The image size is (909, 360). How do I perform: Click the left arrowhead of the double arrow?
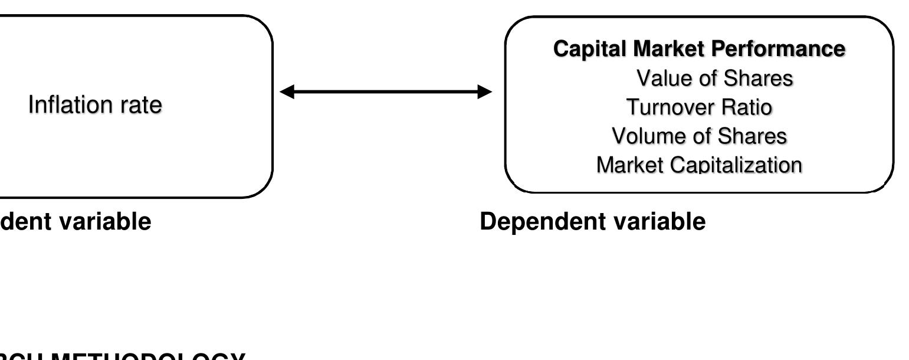(x=286, y=92)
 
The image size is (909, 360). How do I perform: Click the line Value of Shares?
(x=714, y=79)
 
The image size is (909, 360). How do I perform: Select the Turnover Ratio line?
(x=700, y=108)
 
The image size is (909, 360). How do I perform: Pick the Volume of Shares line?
(x=700, y=137)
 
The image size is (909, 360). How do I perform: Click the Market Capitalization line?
(x=700, y=166)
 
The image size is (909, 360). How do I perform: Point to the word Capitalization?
(x=737, y=166)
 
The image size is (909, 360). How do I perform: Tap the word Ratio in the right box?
(x=745, y=108)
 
